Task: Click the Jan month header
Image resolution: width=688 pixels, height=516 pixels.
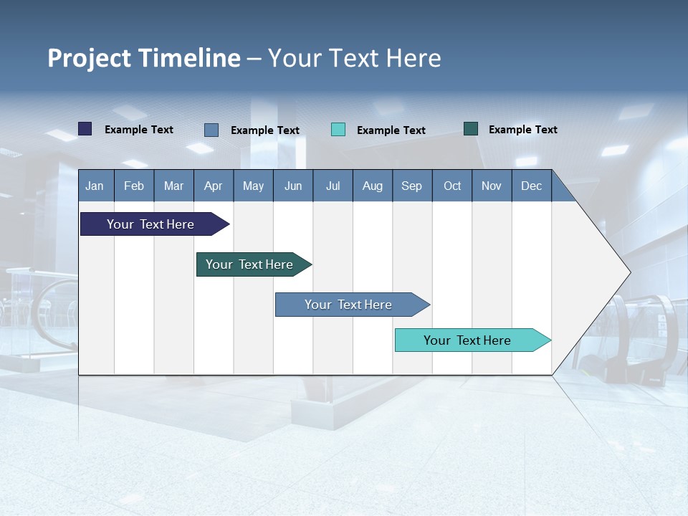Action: [x=95, y=186]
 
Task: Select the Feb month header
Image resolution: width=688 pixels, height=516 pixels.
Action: [x=134, y=186]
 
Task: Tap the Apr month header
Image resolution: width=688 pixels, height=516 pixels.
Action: [x=213, y=186]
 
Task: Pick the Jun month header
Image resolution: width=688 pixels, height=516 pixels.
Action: [x=293, y=186]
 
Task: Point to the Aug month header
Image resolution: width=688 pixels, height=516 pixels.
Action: [x=372, y=186]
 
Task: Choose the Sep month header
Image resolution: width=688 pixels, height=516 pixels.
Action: [x=411, y=186]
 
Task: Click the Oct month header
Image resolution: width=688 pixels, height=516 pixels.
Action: [x=452, y=186]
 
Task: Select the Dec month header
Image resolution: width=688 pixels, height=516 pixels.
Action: [x=531, y=186]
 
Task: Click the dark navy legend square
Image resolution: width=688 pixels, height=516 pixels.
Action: [x=85, y=129]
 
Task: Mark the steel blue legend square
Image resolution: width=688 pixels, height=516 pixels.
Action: [x=211, y=130]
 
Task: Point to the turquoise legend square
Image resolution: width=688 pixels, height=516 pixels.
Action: [x=338, y=130]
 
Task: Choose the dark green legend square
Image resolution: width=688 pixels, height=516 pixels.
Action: [x=471, y=129]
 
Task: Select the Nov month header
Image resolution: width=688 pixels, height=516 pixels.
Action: [x=492, y=186]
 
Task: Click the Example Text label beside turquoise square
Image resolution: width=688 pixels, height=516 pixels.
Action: [x=391, y=130]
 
